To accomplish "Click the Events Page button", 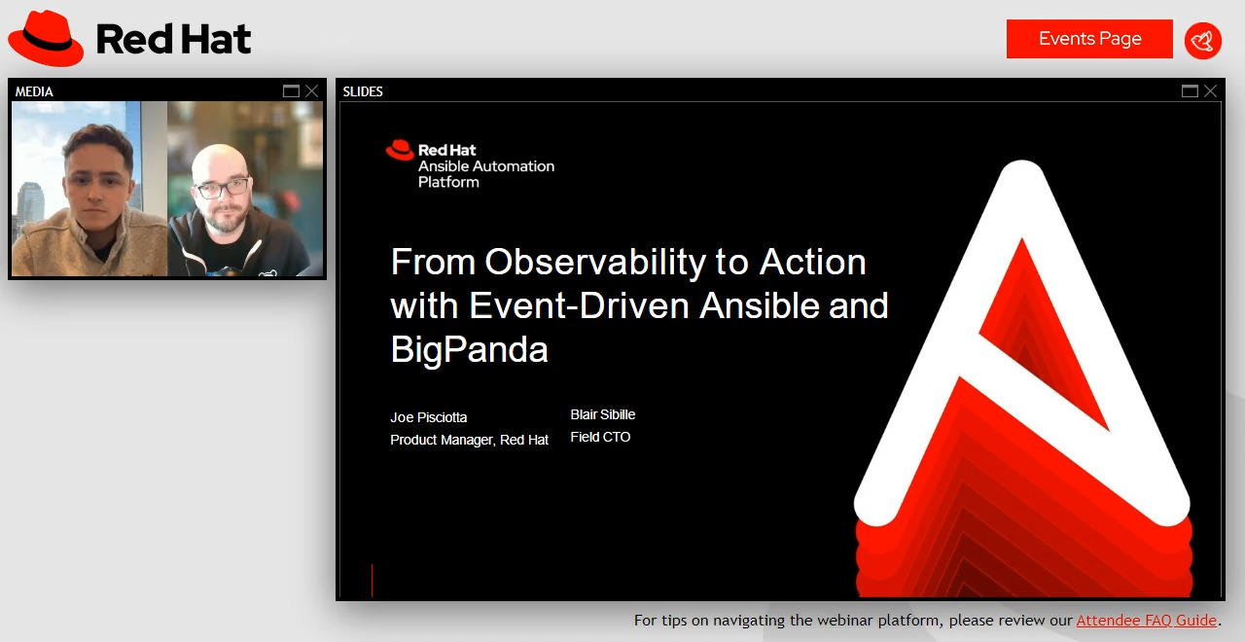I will click(1089, 39).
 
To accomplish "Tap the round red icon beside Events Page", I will click(1203, 40).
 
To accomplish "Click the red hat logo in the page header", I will click(46, 39).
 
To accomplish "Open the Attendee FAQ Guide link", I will click(1146, 621).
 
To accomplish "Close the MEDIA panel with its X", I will click(311, 91).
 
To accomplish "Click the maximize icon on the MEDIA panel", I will click(291, 91).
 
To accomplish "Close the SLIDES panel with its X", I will click(1210, 91).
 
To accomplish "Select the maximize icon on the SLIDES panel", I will click(1190, 91).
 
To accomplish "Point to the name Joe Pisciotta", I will click(429, 417).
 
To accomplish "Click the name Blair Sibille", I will click(603, 414).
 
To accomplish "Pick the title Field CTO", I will click(600, 437).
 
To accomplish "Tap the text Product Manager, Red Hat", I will click(469, 440).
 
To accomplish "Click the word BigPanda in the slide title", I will click(469, 349).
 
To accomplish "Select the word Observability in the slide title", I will click(595, 263).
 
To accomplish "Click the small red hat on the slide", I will click(400, 150).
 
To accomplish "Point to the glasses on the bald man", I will click(222, 187).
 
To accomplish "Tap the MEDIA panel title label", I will click(34, 91).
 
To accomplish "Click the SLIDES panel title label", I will click(363, 91).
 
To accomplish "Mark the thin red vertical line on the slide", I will click(372, 580).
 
